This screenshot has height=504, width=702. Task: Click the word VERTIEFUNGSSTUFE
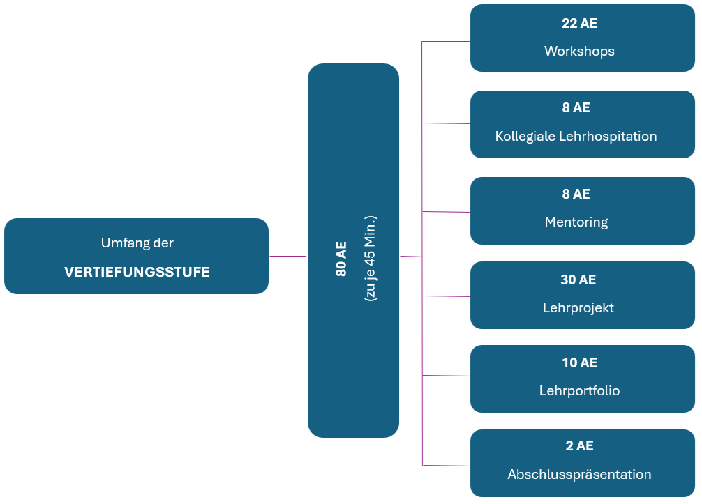click(137, 272)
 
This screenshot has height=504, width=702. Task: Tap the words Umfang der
click(137, 243)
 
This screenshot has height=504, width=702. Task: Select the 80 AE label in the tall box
click(341, 259)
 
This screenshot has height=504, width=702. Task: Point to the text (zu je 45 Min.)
click(370, 258)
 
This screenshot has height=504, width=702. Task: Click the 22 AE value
click(579, 23)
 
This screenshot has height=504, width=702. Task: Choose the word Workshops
click(579, 51)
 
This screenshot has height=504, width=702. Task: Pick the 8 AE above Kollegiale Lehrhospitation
click(576, 107)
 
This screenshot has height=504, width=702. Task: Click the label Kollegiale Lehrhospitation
click(576, 136)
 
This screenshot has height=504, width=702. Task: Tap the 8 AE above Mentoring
click(576, 194)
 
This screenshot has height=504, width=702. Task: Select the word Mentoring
click(576, 222)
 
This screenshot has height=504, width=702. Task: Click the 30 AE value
click(578, 280)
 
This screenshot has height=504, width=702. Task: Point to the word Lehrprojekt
click(578, 307)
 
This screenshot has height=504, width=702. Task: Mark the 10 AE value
click(578, 362)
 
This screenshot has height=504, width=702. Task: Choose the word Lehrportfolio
click(579, 390)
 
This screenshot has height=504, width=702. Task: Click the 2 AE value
click(579, 445)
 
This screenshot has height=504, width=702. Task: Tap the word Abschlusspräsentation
click(579, 475)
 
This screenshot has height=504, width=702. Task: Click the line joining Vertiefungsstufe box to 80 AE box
click(287, 256)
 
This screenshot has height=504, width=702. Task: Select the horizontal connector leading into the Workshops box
click(447, 42)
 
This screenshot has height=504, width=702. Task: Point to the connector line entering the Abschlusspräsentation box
click(447, 465)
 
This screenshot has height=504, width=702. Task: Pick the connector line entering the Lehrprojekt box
click(447, 296)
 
